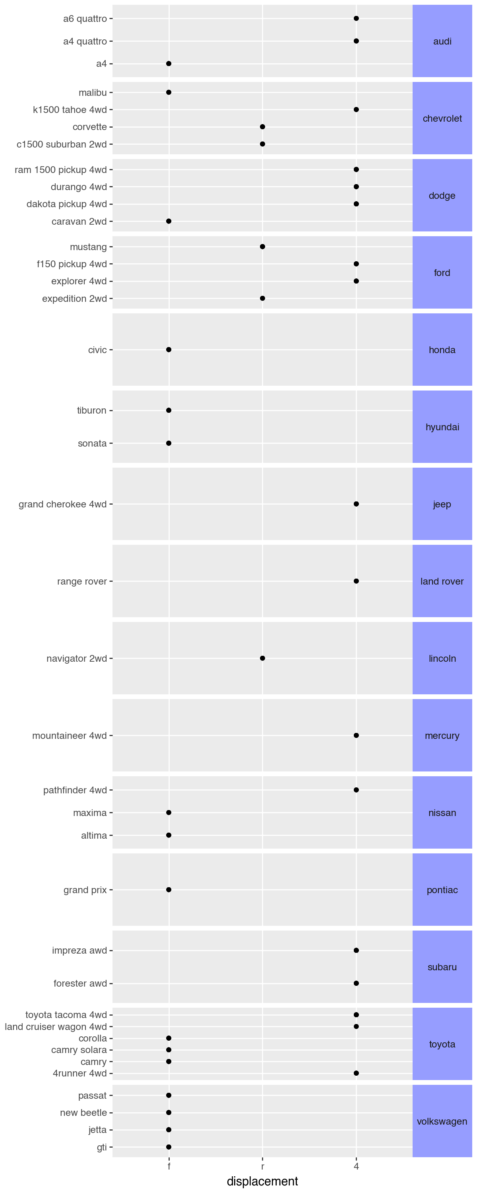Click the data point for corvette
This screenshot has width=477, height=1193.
(x=263, y=127)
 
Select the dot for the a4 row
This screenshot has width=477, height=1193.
(x=169, y=64)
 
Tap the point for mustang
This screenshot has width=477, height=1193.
(x=263, y=247)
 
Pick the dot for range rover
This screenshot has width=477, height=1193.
(x=356, y=581)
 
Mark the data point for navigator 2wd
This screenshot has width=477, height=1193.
(x=263, y=658)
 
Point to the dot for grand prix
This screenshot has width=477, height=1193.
(x=169, y=890)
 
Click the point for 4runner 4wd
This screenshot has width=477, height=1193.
(x=356, y=1073)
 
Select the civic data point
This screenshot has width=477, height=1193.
(x=169, y=350)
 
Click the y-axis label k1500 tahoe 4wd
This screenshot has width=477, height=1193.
(x=70, y=110)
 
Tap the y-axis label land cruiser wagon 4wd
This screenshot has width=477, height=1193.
(x=56, y=1027)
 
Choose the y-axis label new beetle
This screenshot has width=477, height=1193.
(x=83, y=1112)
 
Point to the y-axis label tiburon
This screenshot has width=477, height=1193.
(x=92, y=410)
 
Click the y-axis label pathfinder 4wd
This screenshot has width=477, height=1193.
(x=75, y=790)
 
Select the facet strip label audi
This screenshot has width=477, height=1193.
(x=442, y=41)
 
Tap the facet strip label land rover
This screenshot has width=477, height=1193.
(x=442, y=581)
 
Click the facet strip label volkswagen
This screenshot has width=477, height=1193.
(x=442, y=1121)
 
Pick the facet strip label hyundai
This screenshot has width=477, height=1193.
(x=442, y=427)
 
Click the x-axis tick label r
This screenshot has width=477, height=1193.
(x=263, y=1166)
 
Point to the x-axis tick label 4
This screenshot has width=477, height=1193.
(x=356, y=1166)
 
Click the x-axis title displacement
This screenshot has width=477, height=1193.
(x=263, y=1181)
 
